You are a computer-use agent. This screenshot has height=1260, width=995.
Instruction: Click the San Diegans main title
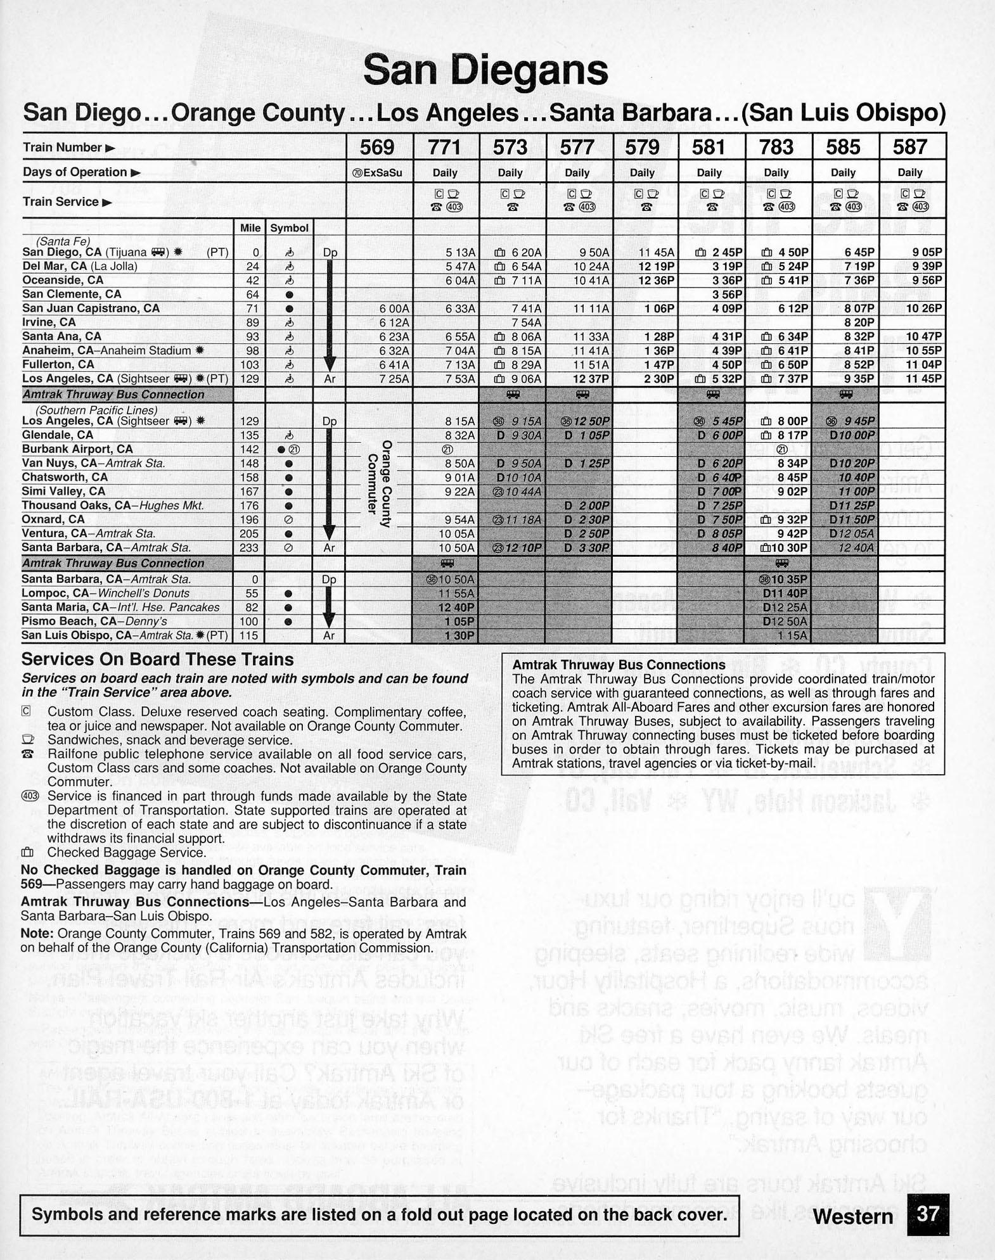(x=485, y=70)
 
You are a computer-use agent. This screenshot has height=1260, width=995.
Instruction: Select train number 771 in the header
(x=444, y=147)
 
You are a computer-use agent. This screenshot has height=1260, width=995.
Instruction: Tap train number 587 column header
(x=910, y=147)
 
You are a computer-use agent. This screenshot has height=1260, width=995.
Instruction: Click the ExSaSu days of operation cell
(x=378, y=173)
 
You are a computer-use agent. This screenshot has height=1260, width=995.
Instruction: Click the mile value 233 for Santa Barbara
(x=249, y=548)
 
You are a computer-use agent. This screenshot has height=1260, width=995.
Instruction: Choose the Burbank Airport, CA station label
(x=77, y=449)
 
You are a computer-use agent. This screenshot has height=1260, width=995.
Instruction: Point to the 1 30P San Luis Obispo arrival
(x=459, y=635)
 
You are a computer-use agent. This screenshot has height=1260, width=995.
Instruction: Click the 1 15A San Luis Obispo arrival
(x=793, y=635)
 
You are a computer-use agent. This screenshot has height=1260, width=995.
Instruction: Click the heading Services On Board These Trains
(x=158, y=660)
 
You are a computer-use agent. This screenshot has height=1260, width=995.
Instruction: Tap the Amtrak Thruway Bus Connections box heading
(x=619, y=665)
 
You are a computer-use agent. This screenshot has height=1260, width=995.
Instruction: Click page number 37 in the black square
(x=927, y=1214)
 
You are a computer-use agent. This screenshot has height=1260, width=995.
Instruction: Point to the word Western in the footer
(x=852, y=1216)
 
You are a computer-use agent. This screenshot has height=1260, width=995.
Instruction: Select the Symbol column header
(x=289, y=228)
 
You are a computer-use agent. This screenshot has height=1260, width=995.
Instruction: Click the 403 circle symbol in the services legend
(x=30, y=796)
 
